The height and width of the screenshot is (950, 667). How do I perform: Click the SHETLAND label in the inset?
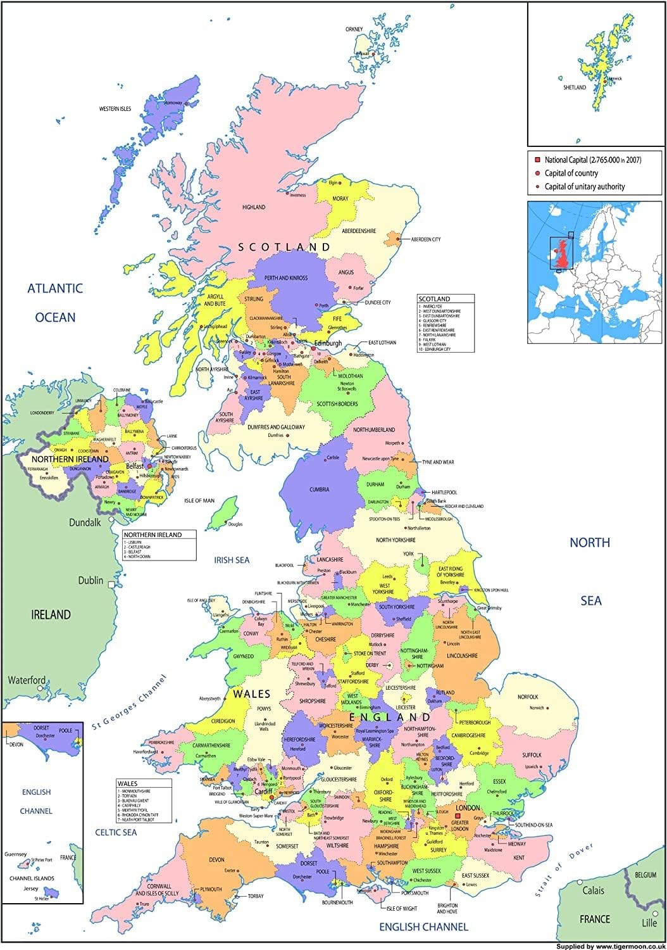(x=575, y=87)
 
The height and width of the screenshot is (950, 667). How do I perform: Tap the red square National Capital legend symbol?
(x=537, y=160)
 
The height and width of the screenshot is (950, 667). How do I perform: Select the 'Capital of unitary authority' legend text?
(x=585, y=186)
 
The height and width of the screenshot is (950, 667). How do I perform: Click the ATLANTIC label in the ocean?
(x=55, y=289)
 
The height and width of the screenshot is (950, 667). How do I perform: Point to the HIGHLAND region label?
(x=254, y=207)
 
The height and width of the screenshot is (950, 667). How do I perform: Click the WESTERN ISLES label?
(x=115, y=109)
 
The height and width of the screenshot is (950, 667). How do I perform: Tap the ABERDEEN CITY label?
(x=426, y=239)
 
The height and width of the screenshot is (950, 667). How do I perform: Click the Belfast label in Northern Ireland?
(x=135, y=466)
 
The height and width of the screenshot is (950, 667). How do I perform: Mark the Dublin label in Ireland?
(x=90, y=580)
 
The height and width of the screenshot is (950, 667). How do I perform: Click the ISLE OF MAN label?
(x=199, y=500)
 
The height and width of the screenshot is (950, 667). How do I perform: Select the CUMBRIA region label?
(x=320, y=489)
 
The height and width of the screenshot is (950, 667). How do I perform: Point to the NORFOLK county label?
(x=527, y=697)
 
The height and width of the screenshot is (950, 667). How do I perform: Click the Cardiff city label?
(x=263, y=792)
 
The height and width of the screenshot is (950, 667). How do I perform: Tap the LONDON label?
(x=468, y=808)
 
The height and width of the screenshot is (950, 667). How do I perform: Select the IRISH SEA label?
(x=232, y=560)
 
